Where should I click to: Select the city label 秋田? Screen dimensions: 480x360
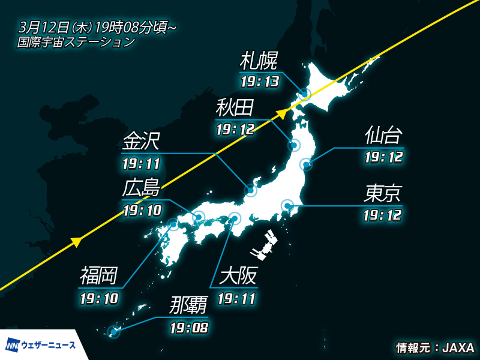coord(235,108)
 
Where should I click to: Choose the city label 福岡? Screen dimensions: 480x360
coord(99,277)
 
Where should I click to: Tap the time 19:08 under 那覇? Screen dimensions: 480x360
coord(189,328)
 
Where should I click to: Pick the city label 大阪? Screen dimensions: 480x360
coord(238,277)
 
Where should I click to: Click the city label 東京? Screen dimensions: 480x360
coord(383,193)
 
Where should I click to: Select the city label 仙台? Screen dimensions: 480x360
coord(383,136)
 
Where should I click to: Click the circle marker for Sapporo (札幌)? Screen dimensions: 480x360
coord(305,94)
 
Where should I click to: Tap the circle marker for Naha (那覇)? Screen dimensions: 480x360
coord(113,331)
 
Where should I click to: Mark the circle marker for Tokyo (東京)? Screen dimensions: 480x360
coord(287,206)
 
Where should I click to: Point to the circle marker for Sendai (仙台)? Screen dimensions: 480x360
coord(305,164)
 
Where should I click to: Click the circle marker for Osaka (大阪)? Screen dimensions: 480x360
coord(235,218)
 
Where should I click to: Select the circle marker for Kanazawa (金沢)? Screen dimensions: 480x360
coord(251,191)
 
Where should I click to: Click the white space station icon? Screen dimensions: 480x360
coord(264,244)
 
